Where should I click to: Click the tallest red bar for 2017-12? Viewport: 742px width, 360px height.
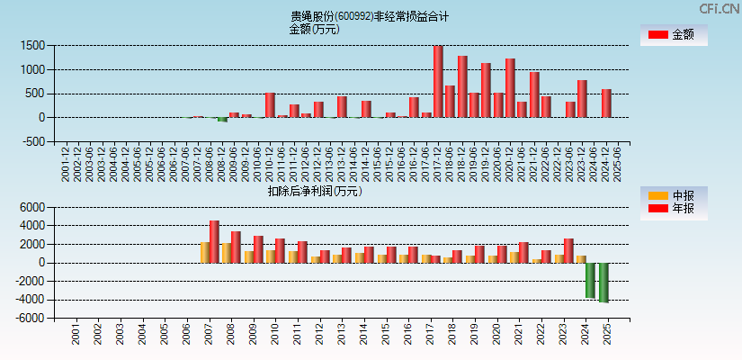pos(438,81)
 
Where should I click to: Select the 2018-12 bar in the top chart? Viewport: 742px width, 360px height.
pos(462,86)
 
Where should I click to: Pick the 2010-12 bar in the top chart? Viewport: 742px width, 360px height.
pos(270,105)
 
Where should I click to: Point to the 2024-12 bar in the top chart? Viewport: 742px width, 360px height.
pos(606,103)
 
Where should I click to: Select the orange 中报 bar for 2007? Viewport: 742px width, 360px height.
pos(205,252)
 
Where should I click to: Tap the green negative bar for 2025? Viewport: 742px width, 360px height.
pos(603,283)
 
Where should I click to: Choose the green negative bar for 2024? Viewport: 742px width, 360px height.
pos(590,280)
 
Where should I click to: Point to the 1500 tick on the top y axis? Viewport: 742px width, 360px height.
pos(32,45)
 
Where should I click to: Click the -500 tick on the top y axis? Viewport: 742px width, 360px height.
pos(32,141)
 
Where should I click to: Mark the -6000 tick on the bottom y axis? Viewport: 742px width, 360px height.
pos(31,318)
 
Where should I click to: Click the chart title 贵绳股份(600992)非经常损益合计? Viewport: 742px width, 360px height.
pos(370,16)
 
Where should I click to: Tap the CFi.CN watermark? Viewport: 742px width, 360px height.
pos(720,8)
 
